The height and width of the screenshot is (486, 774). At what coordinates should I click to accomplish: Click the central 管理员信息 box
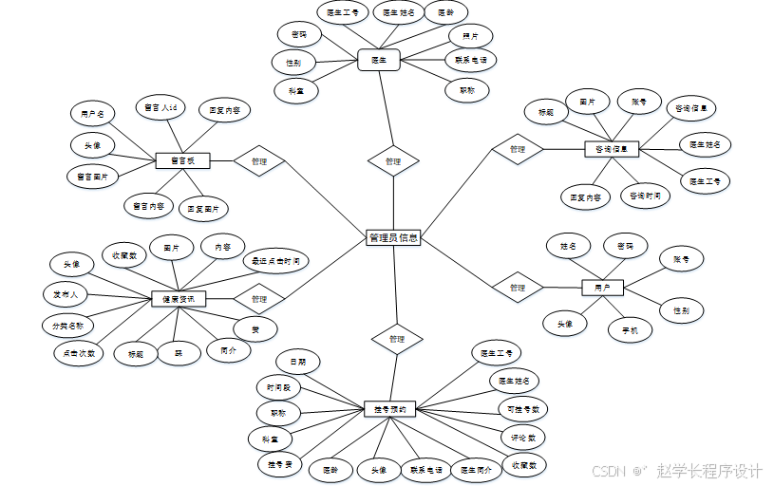(393, 238)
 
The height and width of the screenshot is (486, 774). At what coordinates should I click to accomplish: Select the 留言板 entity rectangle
(181, 160)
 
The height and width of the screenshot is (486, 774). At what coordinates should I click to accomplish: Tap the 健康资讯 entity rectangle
(179, 299)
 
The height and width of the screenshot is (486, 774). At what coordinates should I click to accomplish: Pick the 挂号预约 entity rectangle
(389, 409)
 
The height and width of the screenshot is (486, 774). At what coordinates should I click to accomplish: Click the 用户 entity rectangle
(602, 287)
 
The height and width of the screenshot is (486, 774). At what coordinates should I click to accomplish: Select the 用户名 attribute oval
(92, 114)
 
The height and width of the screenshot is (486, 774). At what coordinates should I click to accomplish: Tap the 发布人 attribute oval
(65, 294)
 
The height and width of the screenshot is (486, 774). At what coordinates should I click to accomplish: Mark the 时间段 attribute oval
(283, 387)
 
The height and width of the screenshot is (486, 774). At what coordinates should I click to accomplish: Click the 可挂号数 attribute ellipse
(523, 409)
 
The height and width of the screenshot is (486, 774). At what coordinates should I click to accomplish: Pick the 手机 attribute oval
(630, 330)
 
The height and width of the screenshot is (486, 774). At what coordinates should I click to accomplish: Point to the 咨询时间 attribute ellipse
(645, 196)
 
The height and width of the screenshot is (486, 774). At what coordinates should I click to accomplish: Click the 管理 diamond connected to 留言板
(258, 161)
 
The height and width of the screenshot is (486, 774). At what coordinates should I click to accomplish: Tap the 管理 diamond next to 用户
(517, 287)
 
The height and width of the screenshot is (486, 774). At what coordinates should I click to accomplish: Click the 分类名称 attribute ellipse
(67, 325)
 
